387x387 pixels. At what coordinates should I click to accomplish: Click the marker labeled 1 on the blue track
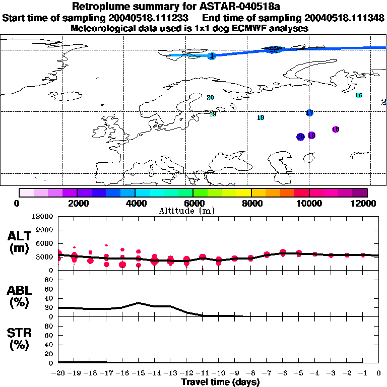pyautogui.click(x=212, y=56)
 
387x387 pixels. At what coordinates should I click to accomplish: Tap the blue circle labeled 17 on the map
pyautogui.click(x=309, y=113)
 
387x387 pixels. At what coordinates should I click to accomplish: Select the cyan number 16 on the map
pyautogui.click(x=358, y=95)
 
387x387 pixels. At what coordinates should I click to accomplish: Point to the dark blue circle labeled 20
pyautogui.click(x=300, y=137)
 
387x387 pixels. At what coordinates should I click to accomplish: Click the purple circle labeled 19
pyautogui.click(x=311, y=135)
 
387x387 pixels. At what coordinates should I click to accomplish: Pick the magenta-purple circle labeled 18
pyautogui.click(x=336, y=130)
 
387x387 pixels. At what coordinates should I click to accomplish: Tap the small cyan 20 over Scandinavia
pyautogui.click(x=210, y=97)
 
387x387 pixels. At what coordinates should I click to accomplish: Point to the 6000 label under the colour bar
pyautogui.click(x=192, y=204)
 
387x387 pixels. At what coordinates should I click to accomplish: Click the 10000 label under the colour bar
pyautogui.click(x=309, y=204)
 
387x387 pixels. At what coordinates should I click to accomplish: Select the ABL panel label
pyautogui.click(x=20, y=296)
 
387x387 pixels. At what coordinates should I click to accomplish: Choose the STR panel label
pyautogui.click(x=20, y=339)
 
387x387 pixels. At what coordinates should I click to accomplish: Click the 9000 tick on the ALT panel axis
pyautogui.click(x=44, y=230)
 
